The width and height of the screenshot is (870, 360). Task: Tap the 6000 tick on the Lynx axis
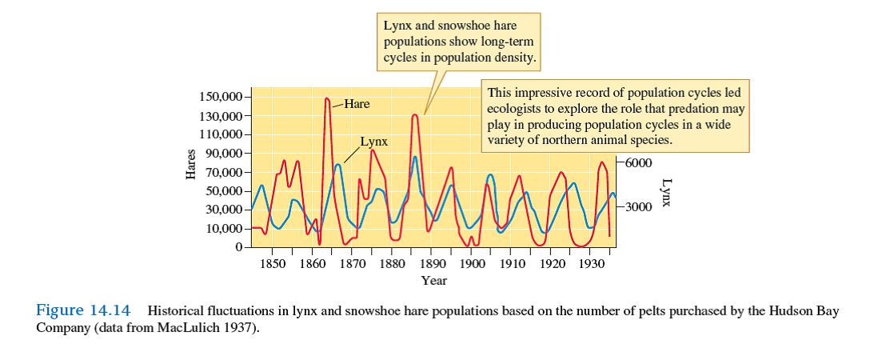click(x=638, y=163)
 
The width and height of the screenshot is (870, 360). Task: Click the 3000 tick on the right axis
click(x=638, y=207)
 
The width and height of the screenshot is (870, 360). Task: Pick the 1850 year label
click(x=272, y=263)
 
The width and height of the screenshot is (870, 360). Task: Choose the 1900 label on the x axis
click(x=472, y=263)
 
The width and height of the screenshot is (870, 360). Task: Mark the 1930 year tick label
click(x=591, y=263)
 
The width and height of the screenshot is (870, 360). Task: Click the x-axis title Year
click(x=434, y=281)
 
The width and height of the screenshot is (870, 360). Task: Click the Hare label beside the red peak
click(x=357, y=105)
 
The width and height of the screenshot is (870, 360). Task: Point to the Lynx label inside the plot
click(x=373, y=142)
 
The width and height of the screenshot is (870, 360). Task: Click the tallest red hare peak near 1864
click(x=327, y=98)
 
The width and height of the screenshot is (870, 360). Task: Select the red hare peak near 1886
click(x=415, y=115)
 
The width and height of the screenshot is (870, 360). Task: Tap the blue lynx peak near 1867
click(x=338, y=165)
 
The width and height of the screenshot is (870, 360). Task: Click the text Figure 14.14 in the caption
click(x=86, y=310)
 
